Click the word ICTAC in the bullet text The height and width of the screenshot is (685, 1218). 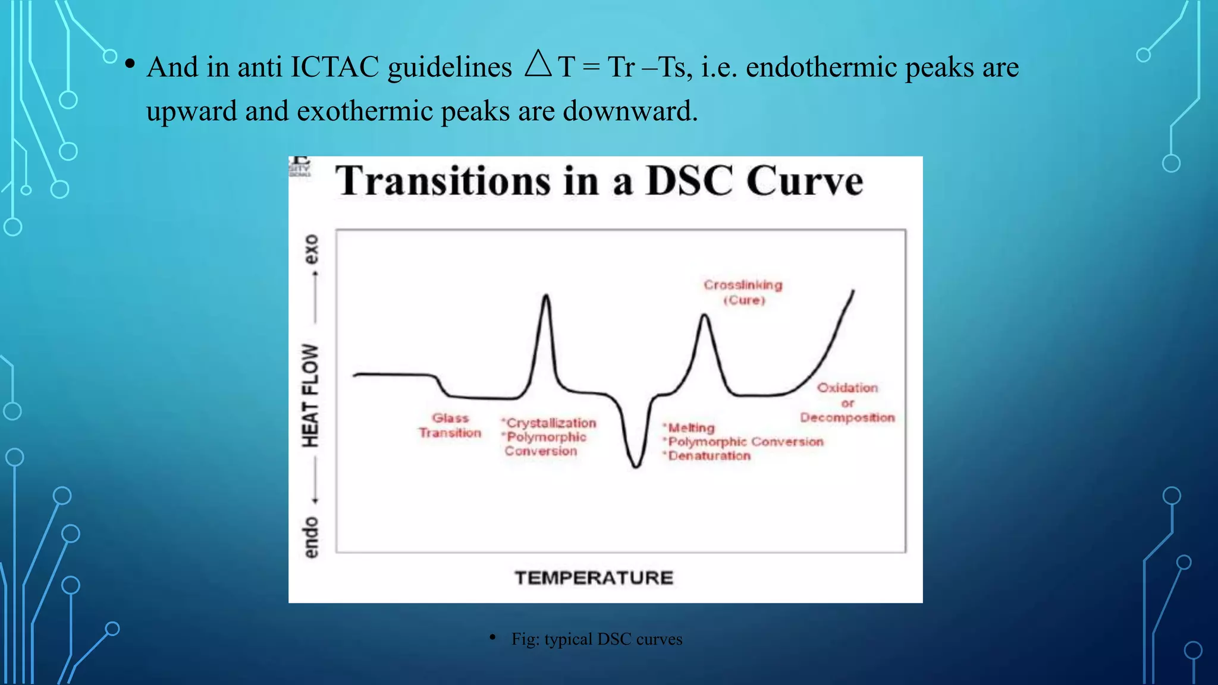coord(334,67)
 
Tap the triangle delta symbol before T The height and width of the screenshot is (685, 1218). coord(538,64)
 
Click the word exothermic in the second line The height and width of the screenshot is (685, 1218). coord(364,111)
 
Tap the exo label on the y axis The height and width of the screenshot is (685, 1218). coord(310,249)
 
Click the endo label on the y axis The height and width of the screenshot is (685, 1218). coord(310,538)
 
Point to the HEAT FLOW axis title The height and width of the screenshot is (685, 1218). coord(310,395)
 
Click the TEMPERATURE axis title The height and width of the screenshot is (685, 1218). coord(594,577)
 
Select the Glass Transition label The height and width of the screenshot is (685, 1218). coord(450,426)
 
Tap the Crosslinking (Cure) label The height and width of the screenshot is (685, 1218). coord(743,292)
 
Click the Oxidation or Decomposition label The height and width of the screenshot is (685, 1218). coord(847,403)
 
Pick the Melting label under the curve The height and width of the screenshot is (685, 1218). coord(691,428)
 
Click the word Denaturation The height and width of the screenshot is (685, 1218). coord(709,456)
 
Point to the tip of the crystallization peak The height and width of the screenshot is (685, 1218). coord(546,296)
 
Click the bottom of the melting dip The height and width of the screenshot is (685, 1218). coord(636,466)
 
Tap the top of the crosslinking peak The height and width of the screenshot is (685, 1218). coord(705,316)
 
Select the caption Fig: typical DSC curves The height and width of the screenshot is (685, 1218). coord(597,639)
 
